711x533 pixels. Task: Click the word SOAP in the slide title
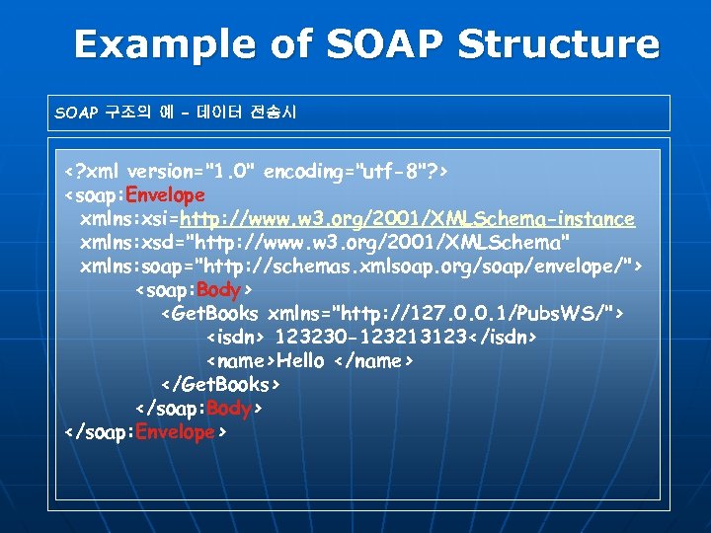point(376,44)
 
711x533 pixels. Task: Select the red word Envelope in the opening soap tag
point(166,195)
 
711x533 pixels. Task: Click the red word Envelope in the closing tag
point(176,431)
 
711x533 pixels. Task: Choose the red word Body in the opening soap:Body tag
point(219,290)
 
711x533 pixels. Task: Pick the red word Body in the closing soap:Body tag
point(229,408)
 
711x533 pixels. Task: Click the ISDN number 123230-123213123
point(372,338)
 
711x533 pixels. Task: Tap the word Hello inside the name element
point(300,361)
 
